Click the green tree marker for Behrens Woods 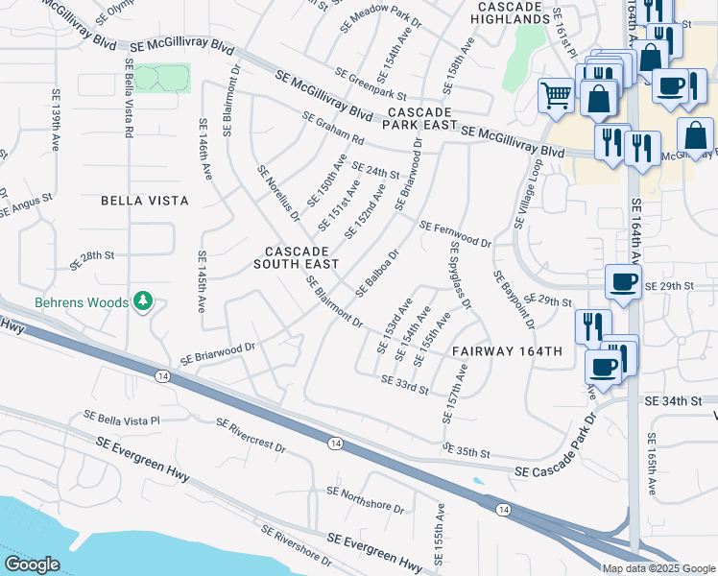point(143,302)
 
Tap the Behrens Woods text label point(82,302)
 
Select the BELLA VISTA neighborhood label point(145,201)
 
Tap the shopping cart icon point(556,95)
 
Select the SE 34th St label point(674,399)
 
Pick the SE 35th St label point(467,449)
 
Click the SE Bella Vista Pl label point(122,420)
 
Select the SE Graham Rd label point(333,129)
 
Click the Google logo point(32,564)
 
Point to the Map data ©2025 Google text point(658,568)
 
